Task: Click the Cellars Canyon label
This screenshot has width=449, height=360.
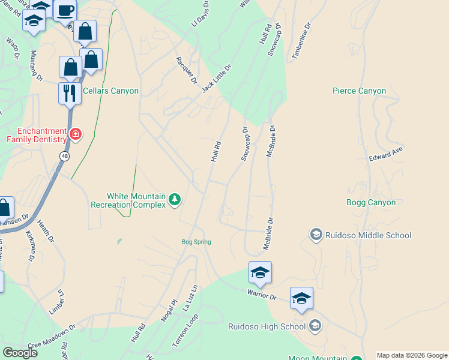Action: (110, 91)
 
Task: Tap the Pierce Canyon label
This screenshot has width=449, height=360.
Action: (359, 91)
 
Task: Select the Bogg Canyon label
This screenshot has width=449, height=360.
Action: (371, 203)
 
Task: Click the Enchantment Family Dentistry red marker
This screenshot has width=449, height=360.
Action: (76, 134)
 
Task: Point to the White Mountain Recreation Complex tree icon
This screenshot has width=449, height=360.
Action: (174, 199)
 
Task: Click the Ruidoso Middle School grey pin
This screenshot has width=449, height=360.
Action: (316, 235)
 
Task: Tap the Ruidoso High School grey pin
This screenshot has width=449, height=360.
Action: (315, 326)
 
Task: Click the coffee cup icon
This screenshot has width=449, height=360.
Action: (65, 10)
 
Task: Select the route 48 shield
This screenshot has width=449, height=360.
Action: (64, 156)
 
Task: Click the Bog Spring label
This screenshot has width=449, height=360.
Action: (196, 242)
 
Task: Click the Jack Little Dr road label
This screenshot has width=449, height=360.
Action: (216, 79)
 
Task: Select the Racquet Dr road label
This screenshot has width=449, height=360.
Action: (187, 71)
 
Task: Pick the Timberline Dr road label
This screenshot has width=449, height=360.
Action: (302, 41)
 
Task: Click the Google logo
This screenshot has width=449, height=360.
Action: (20, 353)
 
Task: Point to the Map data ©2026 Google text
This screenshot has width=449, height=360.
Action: (412, 355)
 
